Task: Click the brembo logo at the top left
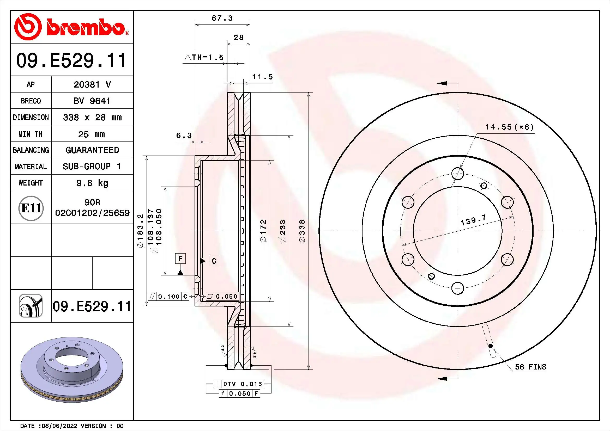(x=71, y=27)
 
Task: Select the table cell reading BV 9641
(x=92, y=101)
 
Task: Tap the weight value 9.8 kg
(x=92, y=183)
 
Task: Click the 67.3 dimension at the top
(x=222, y=18)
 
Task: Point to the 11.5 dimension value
(x=262, y=77)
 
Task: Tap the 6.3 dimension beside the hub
(x=184, y=136)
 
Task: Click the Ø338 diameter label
(x=302, y=231)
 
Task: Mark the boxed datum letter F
(x=180, y=258)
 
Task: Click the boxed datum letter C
(x=214, y=261)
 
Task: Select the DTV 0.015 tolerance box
(x=238, y=384)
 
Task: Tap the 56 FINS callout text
(x=530, y=367)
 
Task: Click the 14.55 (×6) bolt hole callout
(x=509, y=127)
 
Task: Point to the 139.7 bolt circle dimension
(x=473, y=220)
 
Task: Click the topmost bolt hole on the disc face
(x=457, y=174)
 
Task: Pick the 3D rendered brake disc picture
(x=72, y=370)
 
